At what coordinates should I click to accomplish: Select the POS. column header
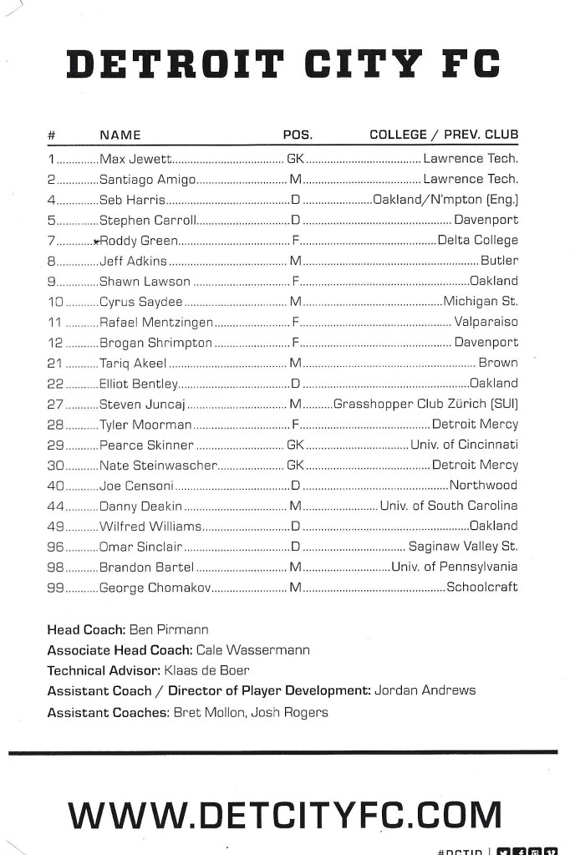(298, 135)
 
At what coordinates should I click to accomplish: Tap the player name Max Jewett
(135, 158)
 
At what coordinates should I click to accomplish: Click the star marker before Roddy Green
(96, 241)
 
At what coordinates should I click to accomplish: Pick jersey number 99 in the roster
(55, 588)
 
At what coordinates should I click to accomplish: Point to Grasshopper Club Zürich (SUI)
(425, 404)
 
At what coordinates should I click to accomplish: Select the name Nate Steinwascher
(158, 465)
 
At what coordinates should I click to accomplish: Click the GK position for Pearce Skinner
(296, 445)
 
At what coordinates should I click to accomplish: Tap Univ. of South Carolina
(449, 506)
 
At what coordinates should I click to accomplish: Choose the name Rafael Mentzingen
(156, 322)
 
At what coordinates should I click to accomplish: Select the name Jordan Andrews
(425, 690)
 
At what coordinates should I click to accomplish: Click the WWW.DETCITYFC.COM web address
(284, 814)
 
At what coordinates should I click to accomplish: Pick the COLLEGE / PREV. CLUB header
(444, 135)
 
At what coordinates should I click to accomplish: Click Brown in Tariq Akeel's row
(498, 363)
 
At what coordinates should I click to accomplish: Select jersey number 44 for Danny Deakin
(55, 506)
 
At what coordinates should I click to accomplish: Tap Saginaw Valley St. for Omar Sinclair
(463, 547)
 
